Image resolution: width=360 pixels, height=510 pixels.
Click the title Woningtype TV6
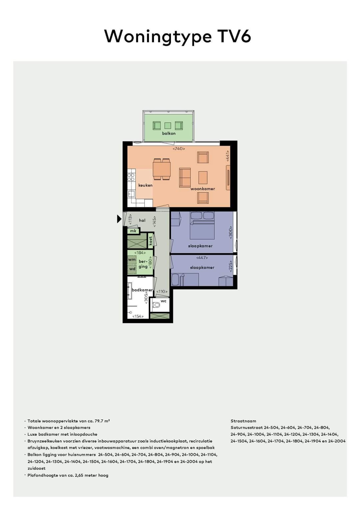[177, 36]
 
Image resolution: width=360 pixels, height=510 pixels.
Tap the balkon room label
[169, 133]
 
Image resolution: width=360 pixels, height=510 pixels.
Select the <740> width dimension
[179, 149]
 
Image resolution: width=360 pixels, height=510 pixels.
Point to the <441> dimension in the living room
[228, 156]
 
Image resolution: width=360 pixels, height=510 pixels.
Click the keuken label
[145, 185]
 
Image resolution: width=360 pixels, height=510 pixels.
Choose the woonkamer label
[203, 189]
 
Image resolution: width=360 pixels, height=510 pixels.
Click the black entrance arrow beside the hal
[119, 219]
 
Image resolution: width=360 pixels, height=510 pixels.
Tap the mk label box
[133, 231]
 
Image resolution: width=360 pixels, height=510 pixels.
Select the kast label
[150, 241]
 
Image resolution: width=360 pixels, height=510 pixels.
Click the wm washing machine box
[132, 260]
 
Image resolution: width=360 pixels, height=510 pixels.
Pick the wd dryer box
[132, 269]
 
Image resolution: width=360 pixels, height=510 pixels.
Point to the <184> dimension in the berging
[140, 253]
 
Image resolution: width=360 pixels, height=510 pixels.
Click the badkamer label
[142, 290]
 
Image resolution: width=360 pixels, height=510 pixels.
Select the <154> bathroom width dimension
[138, 316]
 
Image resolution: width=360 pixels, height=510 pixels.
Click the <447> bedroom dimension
[202, 258]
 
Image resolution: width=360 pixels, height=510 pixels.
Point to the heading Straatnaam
[243, 421]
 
